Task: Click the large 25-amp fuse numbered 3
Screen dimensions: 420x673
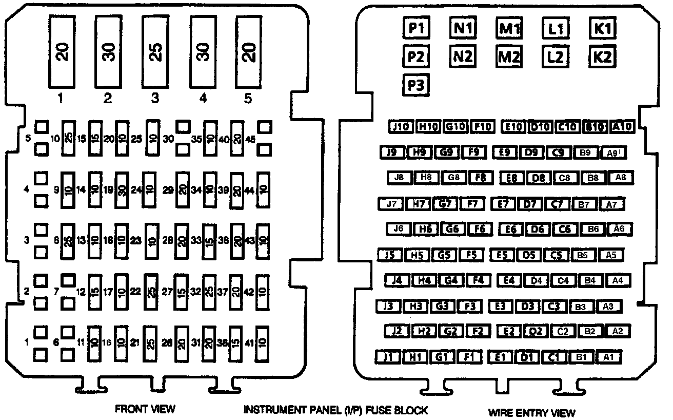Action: tap(155, 50)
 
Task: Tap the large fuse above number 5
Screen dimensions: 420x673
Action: tap(248, 50)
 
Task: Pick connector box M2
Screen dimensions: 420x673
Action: tap(508, 55)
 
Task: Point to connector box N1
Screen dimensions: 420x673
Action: tap(462, 28)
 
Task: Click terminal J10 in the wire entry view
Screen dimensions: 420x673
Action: tap(400, 126)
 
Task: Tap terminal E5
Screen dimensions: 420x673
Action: tap(501, 254)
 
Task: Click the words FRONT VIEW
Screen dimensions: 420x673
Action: tap(145, 409)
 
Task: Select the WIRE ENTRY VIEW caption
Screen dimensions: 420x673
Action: tap(531, 412)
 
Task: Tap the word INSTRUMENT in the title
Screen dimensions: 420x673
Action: tap(273, 410)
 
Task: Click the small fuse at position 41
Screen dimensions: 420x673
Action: tap(263, 342)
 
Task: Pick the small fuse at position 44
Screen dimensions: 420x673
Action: tap(263, 189)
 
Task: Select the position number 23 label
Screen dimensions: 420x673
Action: tap(135, 240)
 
